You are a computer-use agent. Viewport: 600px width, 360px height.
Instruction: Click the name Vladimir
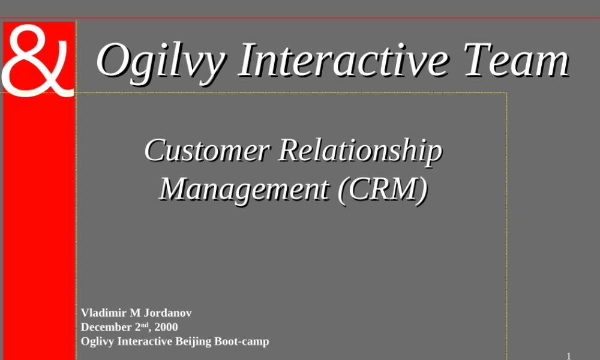(100, 313)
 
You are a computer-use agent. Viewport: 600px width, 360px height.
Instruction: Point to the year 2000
(166, 327)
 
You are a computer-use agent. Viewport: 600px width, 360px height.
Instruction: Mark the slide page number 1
(568, 355)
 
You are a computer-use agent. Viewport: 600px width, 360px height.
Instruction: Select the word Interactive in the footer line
(145, 341)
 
